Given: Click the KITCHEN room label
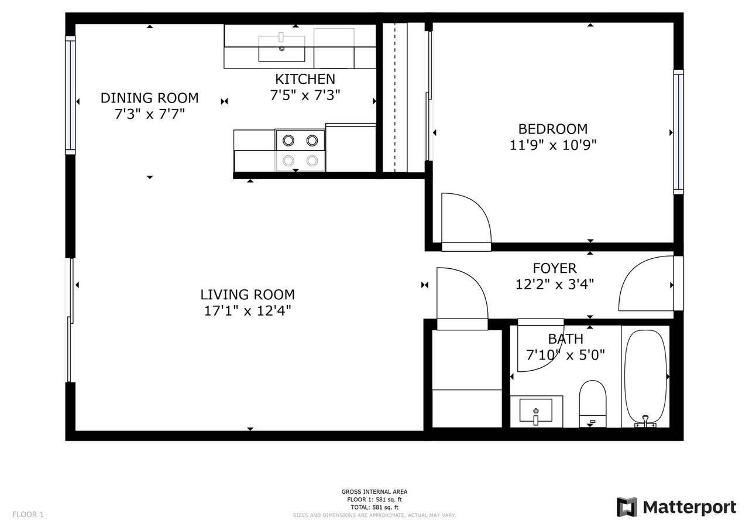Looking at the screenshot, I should point(305,79).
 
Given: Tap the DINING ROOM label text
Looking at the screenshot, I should point(149,98).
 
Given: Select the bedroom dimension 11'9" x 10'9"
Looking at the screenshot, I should point(553,145).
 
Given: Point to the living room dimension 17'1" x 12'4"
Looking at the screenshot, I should point(247,310).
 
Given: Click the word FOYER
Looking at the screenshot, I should point(554,268).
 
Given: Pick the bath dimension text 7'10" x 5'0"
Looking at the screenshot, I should point(565,354).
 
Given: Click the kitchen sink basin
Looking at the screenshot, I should point(281,48).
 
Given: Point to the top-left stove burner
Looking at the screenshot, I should point(288,141).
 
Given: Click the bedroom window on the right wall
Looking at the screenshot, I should point(678,132).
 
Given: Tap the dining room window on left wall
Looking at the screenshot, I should point(70,95).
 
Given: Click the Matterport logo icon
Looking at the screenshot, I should point(627,507).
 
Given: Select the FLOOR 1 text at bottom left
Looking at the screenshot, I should point(28,515).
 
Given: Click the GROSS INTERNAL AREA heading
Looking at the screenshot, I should point(374,492).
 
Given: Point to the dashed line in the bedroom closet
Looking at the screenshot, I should point(395,97).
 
